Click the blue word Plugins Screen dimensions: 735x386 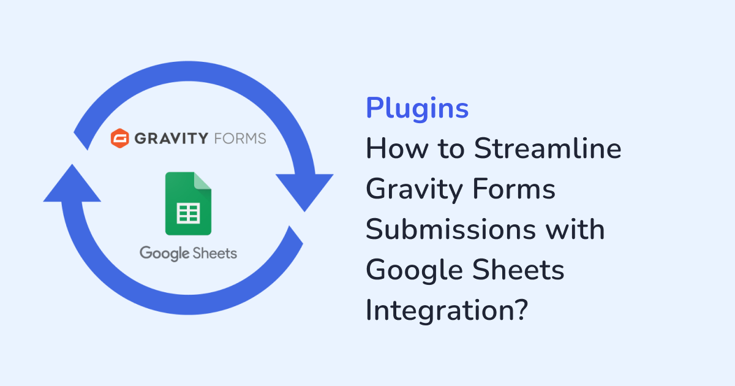tap(417, 108)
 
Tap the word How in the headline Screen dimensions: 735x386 tap(397, 148)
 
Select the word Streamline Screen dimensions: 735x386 tap(548, 148)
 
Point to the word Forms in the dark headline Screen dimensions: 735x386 tap(514, 189)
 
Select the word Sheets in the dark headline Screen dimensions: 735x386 tap(518, 270)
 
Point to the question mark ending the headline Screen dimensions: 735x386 tap(522, 309)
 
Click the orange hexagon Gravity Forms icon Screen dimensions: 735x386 tap(120, 138)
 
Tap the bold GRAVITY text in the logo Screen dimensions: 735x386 tap(171, 138)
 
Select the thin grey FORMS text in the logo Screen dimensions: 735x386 tap(240, 138)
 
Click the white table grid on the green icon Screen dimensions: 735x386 tap(189, 213)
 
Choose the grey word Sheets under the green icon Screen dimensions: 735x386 tap(214, 253)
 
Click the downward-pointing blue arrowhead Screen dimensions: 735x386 tap(304, 192)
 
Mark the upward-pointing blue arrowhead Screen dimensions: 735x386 tap(72, 184)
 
